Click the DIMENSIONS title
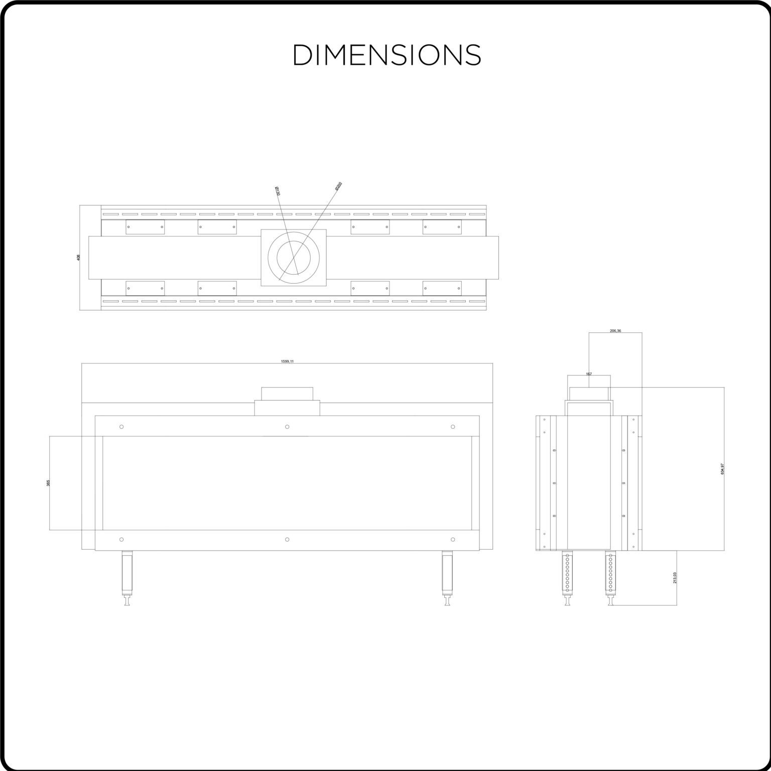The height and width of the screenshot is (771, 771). click(x=387, y=55)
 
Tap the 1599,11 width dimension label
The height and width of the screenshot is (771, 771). click(x=287, y=361)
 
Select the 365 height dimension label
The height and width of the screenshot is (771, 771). click(x=48, y=483)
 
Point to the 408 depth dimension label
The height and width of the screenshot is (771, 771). click(x=78, y=258)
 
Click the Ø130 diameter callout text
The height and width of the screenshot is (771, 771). click(x=278, y=191)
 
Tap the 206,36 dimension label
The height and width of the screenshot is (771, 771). click(x=615, y=331)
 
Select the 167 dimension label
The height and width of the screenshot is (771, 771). click(x=589, y=374)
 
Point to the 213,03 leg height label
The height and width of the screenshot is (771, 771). click(x=675, y=578)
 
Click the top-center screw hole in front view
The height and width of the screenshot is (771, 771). click(x=287, y=427)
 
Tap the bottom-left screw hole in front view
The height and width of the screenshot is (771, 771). click(x=121, y=540)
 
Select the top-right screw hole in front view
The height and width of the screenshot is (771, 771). click(x=453, y=427)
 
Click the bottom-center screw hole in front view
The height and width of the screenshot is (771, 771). click(x=287, y=540)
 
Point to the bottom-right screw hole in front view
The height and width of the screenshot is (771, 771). click(x=453, y=540)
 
